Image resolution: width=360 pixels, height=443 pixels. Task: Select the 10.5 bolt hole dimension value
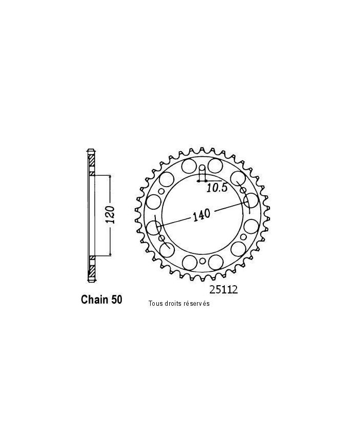217,189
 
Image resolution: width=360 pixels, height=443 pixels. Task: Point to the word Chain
95,300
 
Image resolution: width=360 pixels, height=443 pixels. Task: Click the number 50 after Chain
116,300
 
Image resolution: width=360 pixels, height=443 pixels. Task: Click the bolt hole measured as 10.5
202,170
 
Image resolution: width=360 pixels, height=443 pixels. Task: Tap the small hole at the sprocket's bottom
202,262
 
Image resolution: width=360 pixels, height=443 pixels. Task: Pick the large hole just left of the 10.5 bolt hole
188,167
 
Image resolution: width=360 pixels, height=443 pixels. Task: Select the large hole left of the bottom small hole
189,262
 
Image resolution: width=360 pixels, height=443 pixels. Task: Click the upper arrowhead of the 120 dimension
110,176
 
